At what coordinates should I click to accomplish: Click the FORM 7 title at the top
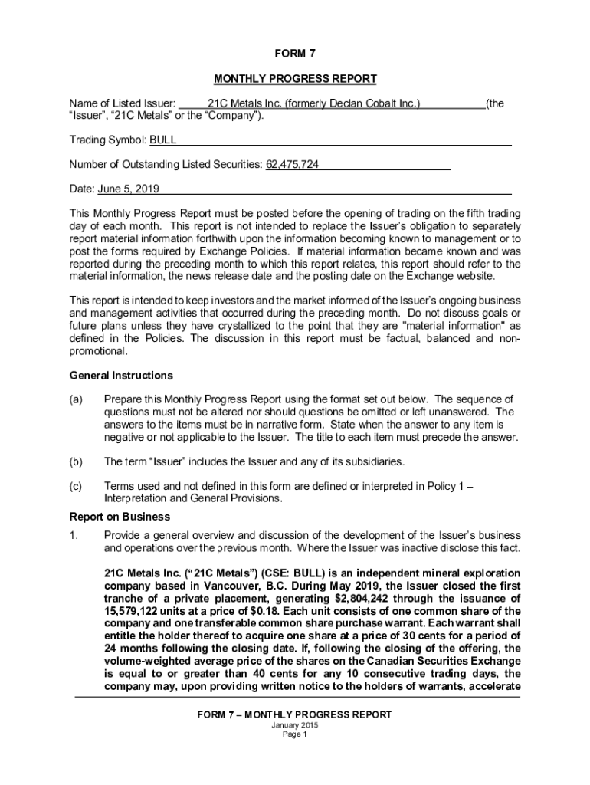pyautogui.click(x=294, y=54)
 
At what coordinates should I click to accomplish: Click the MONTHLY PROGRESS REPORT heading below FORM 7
pyautogui.click(x=294, y=79)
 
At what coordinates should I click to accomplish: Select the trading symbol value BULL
pyautogui.click(x=162, y=140)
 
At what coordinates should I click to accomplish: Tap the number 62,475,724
pyautogui.click(x=292, y=164)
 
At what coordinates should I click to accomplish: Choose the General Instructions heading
pyautogui.click(x=121, y=376)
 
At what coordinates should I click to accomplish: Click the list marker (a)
pyautogui.click(x=76, y=400)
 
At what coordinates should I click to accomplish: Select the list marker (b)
pyautogui.click(x=76, y=461)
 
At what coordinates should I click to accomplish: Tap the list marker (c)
pyautogui.click(x=76, y=486)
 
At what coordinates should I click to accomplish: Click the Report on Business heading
pyautogui.click(x=120, y=517)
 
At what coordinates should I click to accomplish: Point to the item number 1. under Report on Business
pyautogui.click(x=74, y=535)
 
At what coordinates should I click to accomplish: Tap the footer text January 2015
pyautogui.click(x=294, y=725)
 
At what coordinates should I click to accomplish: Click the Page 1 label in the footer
pyautogui.click(x=294, y=734)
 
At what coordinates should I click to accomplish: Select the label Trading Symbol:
pyautogui.click(x=107, y=140)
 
